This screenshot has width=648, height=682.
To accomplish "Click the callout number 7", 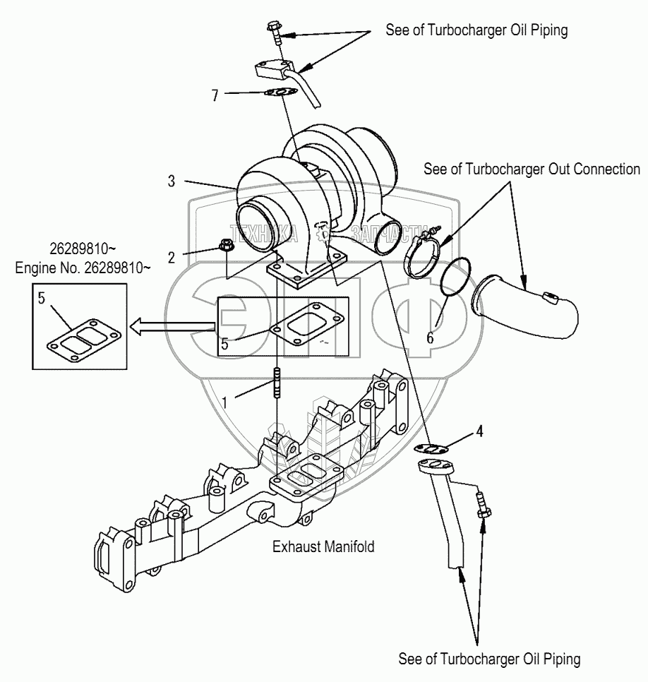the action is pos(215,95).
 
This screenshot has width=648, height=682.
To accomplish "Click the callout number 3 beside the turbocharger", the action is pos(172,181).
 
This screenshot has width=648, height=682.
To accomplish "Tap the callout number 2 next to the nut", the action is pos(172,258).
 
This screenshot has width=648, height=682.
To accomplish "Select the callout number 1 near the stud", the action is pos(224,402).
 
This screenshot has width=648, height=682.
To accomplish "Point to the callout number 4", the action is pos(479,431).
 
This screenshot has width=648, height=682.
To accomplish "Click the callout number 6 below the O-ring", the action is pos(430,337).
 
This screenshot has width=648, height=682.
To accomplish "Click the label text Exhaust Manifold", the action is pos(323,546).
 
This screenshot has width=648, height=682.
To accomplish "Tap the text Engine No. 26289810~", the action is pos(83,268).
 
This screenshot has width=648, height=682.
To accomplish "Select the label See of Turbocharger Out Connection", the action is pos(532,169).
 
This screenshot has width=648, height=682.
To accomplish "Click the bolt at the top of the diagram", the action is pos(275,32).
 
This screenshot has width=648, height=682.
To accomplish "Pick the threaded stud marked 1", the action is pos(275,383).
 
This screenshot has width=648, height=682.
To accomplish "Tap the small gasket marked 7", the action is pos(280,92).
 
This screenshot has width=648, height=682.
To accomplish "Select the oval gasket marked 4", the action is pos(431,448).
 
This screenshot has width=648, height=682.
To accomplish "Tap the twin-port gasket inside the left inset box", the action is pos(84,341).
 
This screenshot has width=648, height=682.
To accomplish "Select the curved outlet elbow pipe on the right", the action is pos(525,306).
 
